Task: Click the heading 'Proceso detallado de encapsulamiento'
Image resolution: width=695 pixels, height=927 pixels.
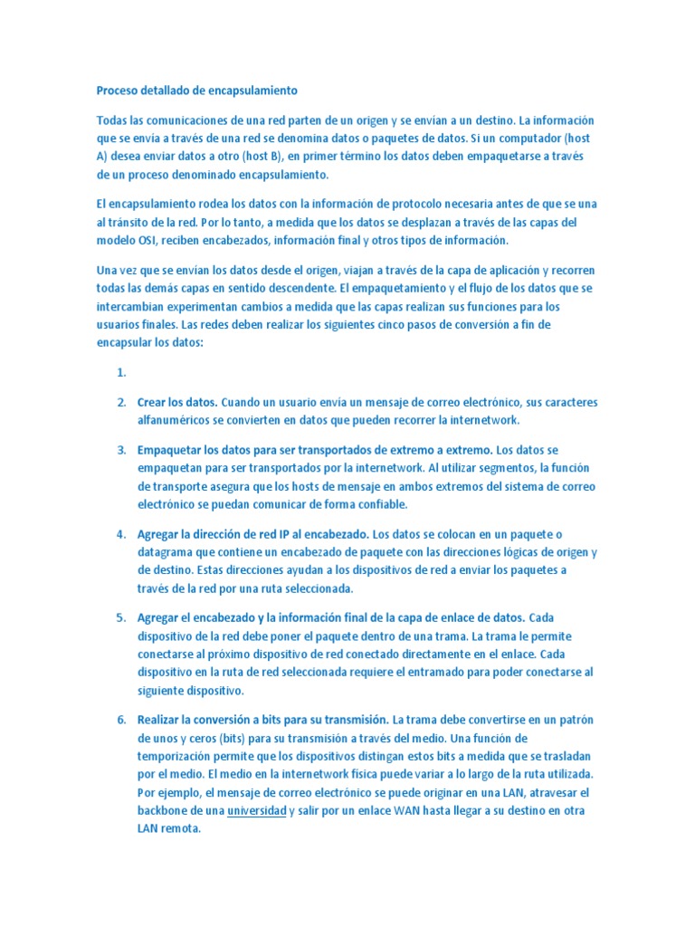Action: coord(196,91)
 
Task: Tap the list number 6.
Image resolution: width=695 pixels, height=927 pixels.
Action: coord(120,720)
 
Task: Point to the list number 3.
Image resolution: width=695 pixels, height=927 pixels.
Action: coord(120,450)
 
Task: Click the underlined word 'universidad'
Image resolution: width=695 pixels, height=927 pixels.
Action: coord(257,811)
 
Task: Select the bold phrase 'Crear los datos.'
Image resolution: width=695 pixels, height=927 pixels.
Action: coord(177,402)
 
